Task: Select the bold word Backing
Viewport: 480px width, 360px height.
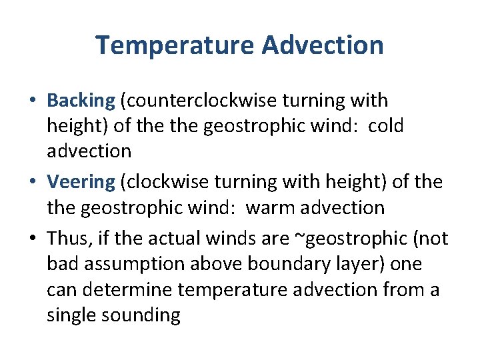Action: [x=81, y=101]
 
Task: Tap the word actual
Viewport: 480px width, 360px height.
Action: [x=181, y=239]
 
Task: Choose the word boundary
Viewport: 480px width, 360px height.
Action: [x=279, y=263]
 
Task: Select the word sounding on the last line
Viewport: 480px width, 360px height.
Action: [x=142, y=315]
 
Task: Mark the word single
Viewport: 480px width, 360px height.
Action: [x=71, y=315]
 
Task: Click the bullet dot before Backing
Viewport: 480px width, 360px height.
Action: [x=33, y=101]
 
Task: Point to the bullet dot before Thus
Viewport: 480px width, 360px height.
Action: [x=33, y=239]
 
